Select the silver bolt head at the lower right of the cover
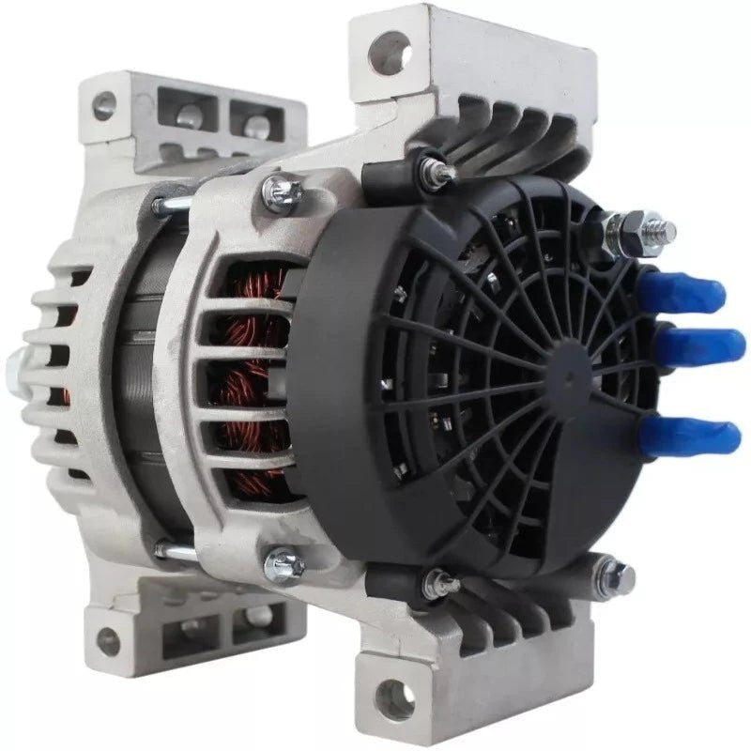coord(617,570)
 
